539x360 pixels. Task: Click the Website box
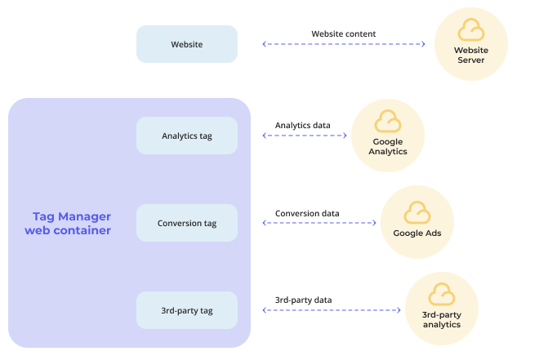tap(186, 44)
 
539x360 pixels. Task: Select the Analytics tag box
tap(186, 136)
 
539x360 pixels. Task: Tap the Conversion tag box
tap(186, 223)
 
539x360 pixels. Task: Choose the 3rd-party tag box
tap(186, 310)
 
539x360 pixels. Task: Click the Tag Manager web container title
tap(71, 223)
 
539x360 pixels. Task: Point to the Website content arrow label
tap(343, 33)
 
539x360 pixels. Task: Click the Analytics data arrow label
tap(302, 125)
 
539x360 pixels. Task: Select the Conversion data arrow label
tap(306, 213)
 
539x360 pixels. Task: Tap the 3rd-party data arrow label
tap(302, 300)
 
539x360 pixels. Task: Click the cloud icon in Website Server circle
tap(470, 31)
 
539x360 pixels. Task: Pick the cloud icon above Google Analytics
tap(387, 122)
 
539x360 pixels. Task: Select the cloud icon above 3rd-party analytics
tap(442, 295)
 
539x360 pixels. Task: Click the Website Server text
tap(471, 55)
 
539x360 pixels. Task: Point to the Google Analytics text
tap(387, 146)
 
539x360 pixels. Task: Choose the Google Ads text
tap(417, 233)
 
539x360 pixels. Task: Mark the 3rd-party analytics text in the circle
tap(442, 319)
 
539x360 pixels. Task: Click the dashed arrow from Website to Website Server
tap(344, 44)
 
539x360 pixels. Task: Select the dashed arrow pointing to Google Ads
tap(321, 222)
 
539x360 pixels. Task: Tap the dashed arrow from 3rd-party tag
tap(332, 310)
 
